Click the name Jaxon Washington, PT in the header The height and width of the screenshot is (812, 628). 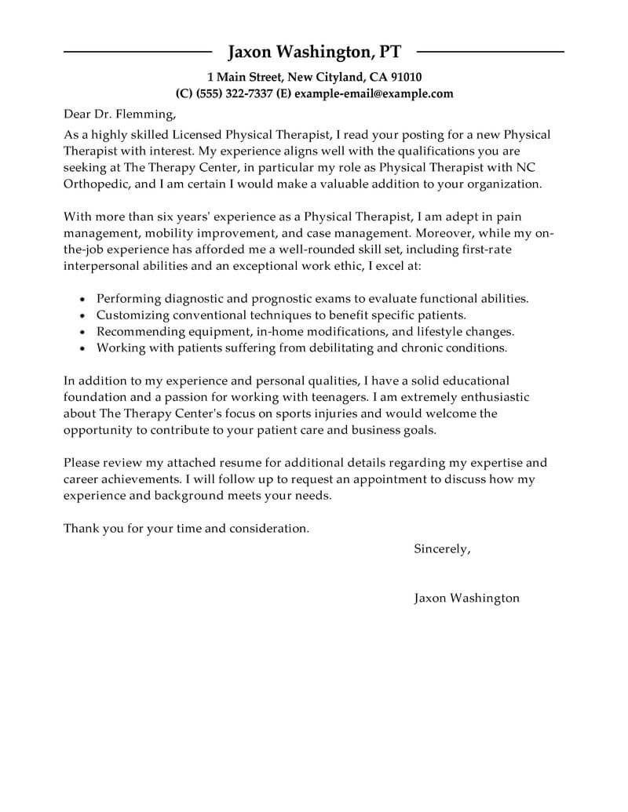tap(314, 53)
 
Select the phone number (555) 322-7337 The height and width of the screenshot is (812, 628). tap(232, 93)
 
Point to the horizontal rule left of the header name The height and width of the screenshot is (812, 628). tap(137, 52)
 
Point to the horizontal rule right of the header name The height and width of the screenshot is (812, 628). tap(490, 52)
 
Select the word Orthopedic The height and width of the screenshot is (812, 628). tap(97, 184)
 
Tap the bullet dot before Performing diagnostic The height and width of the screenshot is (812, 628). tap(83, 299)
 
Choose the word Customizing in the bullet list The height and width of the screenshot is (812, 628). tap(130, 315)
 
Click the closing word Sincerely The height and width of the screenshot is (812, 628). tap(441, 549)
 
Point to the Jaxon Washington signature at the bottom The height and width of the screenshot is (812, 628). tap(466, 598)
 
